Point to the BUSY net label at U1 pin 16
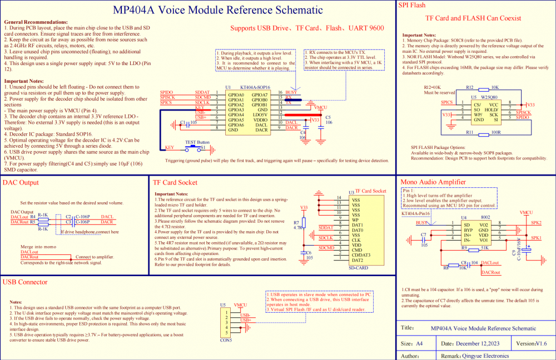tap(291, 92)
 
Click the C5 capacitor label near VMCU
tap(328, 117)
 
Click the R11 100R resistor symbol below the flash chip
tap(481, 133)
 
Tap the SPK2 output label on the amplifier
tap(536, 223)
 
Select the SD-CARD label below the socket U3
tap(358, 268)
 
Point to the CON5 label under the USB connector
tap(226, 341)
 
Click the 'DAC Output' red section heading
tap(21, 182)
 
